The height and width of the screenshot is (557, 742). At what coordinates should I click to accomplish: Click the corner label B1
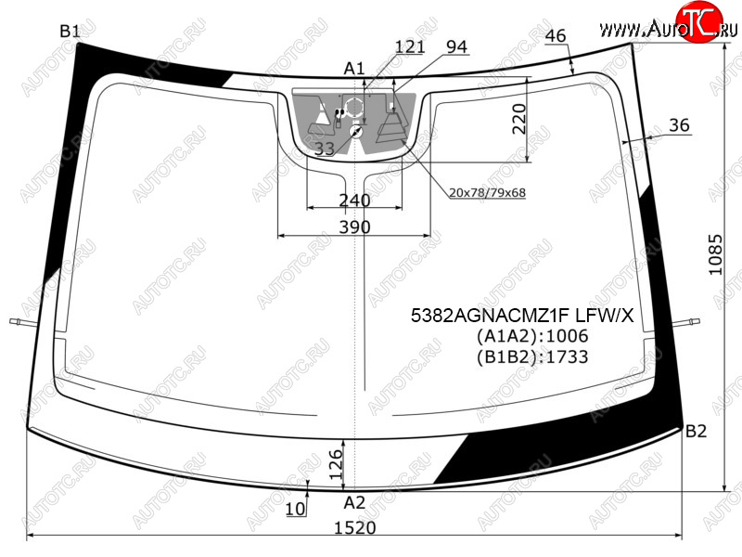pos(70,32)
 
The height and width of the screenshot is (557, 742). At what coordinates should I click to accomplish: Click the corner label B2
pos(696,431)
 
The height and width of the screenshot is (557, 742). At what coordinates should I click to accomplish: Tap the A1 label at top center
pos(354,69)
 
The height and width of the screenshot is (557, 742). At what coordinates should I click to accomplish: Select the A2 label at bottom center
pos(354,502)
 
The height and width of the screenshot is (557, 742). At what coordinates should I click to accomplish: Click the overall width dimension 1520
pos(355,527)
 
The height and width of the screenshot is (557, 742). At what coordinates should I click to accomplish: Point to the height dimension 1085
pos(715,254)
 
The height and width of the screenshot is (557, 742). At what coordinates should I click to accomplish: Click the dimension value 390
pos(355,227)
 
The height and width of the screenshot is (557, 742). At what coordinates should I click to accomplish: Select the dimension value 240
pos(355,201)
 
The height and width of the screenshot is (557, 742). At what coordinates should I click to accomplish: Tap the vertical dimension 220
pos(519,120)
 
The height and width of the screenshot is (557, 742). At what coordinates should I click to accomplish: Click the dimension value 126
pos(336,464)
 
